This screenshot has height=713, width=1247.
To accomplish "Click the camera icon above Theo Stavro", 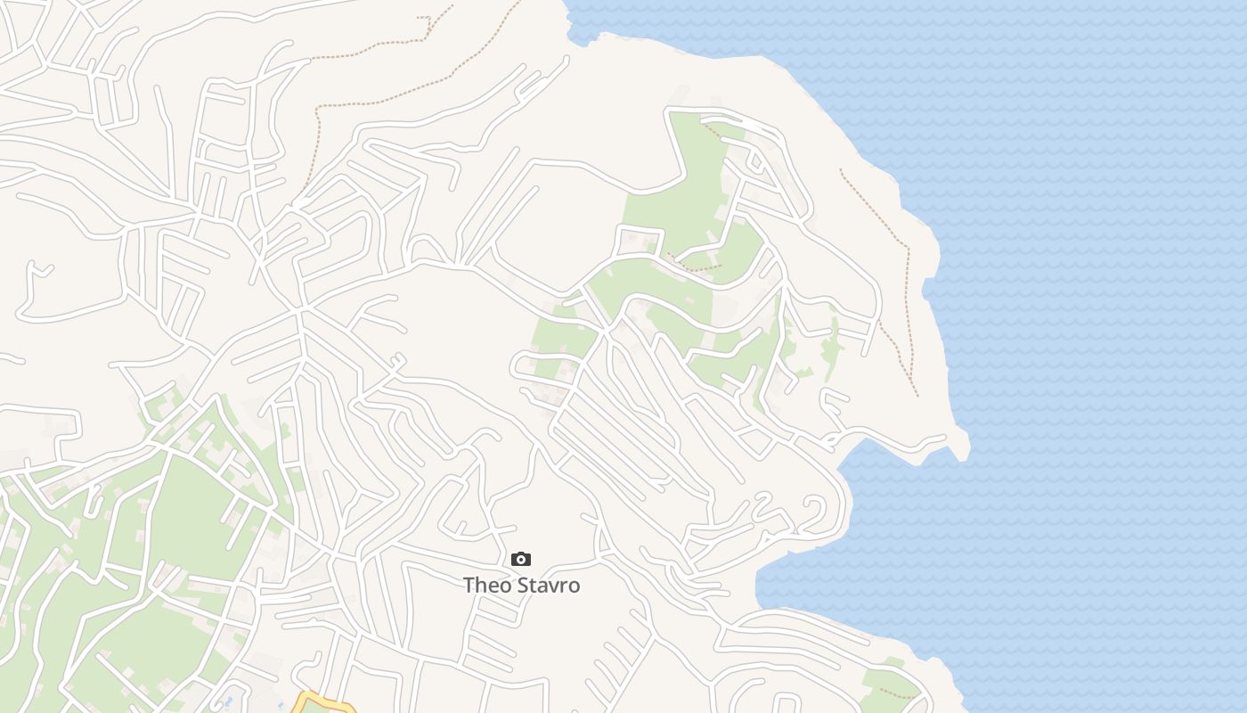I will (521, 560).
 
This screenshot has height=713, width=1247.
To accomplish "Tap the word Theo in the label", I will (486, 586).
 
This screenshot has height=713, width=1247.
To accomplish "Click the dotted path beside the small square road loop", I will (695, 265).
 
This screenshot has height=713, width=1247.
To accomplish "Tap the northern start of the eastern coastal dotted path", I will (842, 170).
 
